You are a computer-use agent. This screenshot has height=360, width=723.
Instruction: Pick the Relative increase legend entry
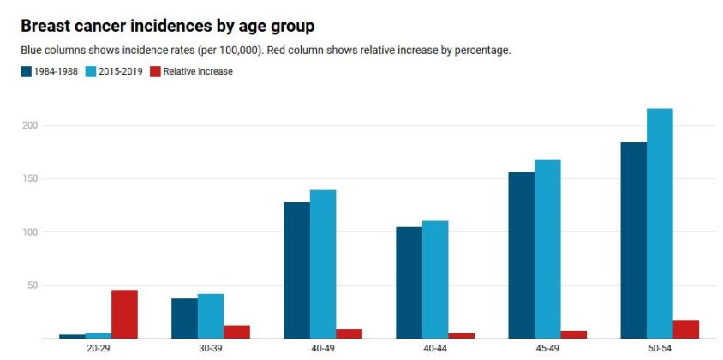191,72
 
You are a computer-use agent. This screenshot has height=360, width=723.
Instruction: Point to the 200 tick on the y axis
31,125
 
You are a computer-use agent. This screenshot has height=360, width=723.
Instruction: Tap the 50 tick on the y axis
33,285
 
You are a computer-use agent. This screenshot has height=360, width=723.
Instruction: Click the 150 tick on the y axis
31,178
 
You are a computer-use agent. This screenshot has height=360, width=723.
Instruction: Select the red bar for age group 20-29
124,314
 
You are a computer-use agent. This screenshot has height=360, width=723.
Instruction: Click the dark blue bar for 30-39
184,318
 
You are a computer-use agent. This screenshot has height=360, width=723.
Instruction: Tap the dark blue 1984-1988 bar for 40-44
409,282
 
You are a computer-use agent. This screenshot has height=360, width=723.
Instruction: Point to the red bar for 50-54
686,329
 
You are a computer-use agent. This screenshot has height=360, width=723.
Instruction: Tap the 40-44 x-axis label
435,349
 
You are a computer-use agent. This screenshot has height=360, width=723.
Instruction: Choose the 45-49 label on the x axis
547,349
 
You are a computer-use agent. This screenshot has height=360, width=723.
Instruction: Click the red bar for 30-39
236,332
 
